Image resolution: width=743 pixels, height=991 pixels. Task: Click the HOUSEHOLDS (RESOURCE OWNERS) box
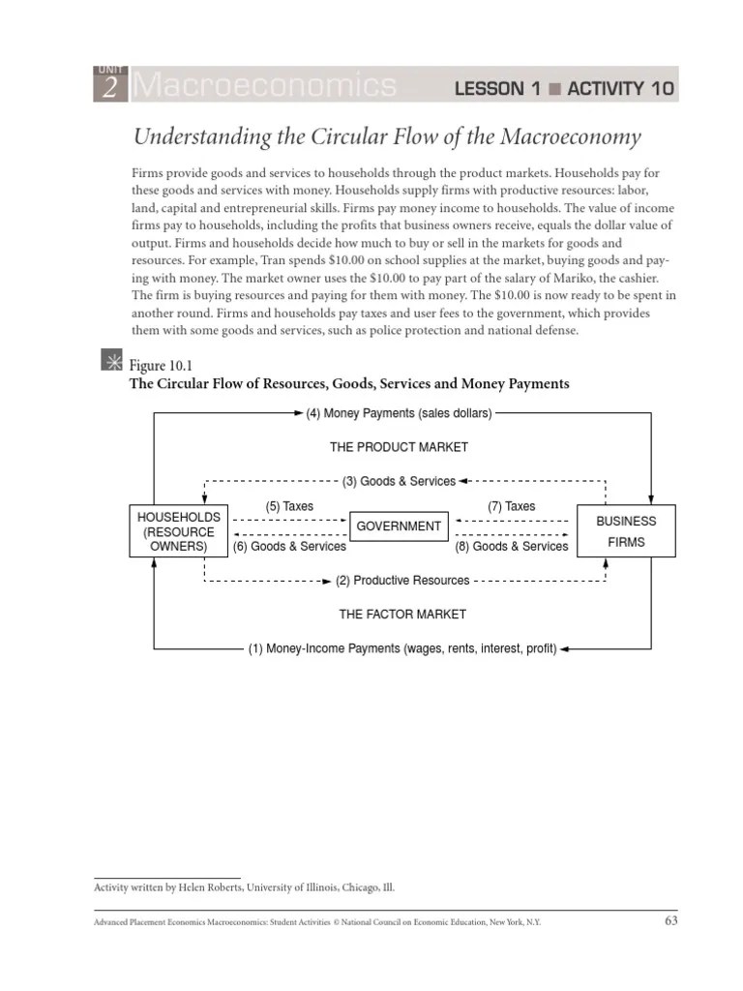tap(179, 531)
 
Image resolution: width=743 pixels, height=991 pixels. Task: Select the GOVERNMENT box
tap(399, 526)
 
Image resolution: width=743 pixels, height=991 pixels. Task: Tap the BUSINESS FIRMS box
tap(626, 531)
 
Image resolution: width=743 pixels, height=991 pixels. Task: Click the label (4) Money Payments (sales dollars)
tap(399, 413)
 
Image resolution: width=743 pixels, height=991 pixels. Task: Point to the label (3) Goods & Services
tap(399, 481)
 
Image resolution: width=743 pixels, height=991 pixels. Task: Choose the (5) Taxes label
tap(289, 506)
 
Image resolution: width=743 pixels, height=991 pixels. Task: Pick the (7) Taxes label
tap(511, 506)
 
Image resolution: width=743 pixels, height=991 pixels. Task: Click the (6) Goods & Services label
tap(289, 547)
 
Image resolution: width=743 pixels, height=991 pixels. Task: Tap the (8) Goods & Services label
tap(511, 547)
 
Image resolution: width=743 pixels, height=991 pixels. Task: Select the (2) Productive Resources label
tap(401, 581)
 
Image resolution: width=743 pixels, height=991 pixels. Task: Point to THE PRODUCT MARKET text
tap(399, 447)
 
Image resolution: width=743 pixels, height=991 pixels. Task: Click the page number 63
tap(670, 921)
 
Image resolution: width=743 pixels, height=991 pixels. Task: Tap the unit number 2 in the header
tap(109, 89)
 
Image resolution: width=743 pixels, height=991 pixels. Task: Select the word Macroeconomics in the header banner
tap(263, 87)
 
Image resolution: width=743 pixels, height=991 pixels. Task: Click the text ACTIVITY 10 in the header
tap(620, 90)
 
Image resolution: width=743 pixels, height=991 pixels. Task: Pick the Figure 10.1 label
tap(157, 366)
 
